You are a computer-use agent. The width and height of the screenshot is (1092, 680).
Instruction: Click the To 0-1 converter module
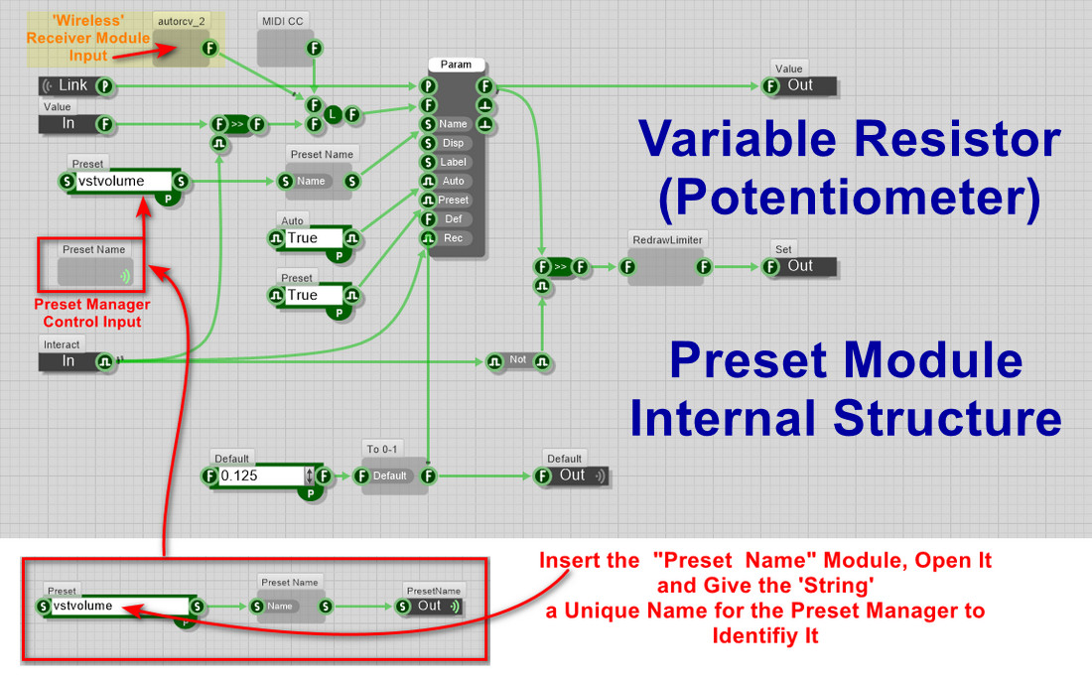pos(390,476)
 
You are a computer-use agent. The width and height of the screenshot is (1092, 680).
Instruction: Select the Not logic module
pos(518,361)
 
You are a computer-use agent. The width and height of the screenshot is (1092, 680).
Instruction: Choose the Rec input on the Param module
pos(453,238)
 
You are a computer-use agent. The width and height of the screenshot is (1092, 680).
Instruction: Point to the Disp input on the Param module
pos(453,143)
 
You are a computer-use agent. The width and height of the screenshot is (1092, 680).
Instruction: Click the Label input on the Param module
pos(453,162)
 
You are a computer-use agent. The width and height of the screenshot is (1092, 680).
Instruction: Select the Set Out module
pos(800,266)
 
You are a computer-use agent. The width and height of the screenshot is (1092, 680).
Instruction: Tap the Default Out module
pos(573,476)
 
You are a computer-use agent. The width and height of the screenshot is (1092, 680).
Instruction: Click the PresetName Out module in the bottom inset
pos(430,606)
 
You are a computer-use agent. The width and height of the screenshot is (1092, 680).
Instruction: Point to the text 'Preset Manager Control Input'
pos(92,313)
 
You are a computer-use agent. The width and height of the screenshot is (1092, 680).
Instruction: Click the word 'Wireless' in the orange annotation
pos(88,21)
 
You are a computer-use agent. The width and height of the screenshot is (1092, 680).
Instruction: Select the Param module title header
pos(456,65)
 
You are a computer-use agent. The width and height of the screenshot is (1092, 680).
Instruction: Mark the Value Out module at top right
pos(800,85)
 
